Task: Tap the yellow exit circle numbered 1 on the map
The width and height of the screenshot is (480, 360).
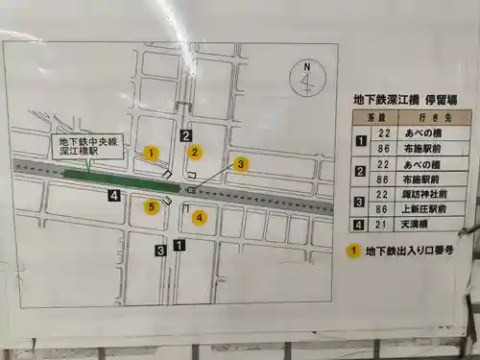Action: [150, 153]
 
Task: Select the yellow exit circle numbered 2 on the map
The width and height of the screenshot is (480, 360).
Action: [194, 152]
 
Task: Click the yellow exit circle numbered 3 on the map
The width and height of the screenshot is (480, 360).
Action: [242, 164]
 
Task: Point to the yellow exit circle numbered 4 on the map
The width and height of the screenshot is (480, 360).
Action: [199, 217]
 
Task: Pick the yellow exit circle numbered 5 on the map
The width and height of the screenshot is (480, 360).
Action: [151, 205]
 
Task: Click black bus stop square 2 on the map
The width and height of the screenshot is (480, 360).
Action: [186, 135]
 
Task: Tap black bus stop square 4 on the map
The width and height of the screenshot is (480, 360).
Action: [114, 196]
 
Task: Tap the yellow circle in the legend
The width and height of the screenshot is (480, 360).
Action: [353, 252]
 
